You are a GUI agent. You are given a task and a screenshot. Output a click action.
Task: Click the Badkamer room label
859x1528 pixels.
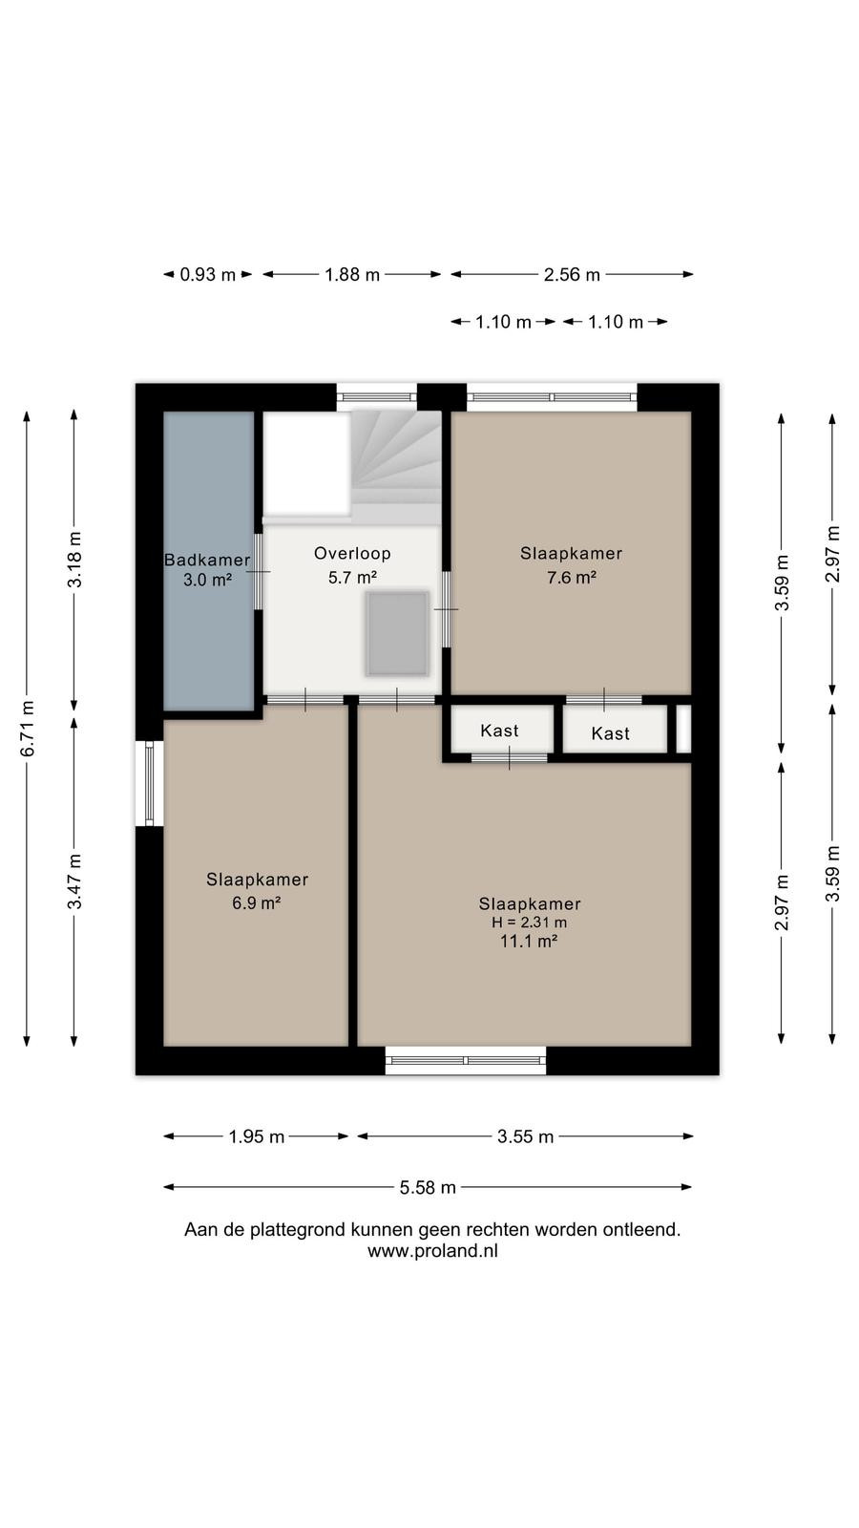tap(207, 560)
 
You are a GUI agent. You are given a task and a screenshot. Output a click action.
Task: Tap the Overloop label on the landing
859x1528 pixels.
tap(352, 553)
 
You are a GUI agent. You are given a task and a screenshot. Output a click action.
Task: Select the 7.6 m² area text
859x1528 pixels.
tap(572, 578)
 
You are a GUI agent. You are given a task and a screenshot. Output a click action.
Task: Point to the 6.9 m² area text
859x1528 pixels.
tap(257, 903)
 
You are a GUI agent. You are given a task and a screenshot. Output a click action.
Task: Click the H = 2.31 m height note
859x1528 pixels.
tap(530, 923)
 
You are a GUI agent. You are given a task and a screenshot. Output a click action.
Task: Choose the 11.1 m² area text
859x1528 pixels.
tap(529, 942)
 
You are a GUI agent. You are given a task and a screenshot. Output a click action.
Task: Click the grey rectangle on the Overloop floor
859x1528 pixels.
tap(397, 634)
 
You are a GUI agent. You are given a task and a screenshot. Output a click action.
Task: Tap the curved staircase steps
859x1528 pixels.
tap(396, 467)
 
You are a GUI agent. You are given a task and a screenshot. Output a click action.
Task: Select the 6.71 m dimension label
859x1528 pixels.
tap(28, 729)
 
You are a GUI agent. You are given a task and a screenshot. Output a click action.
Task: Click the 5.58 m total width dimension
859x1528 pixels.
tap(428, 1188)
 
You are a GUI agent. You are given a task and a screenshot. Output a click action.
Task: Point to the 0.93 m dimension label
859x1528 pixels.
tap(207, 275)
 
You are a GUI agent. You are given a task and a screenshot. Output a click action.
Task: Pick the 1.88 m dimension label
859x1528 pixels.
tap(352, 275)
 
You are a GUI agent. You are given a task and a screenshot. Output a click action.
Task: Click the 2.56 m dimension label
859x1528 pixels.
tap(572, 275)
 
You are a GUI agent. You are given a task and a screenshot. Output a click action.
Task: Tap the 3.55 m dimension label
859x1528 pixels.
tap(525, 1136)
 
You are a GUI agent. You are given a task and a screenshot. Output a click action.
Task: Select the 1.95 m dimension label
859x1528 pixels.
tap(257, 1136)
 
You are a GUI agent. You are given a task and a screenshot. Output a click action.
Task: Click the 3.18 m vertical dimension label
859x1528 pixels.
tap(74, 560)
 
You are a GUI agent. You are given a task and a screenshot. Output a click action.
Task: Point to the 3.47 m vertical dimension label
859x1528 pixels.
tap(74, 881)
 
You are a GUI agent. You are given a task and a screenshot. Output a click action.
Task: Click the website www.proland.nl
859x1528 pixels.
tap(432, 1251)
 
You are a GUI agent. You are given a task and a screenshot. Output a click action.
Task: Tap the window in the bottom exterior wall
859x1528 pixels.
tap(466, 1061)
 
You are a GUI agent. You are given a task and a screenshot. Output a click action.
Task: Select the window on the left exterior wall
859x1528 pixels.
tap(149, 783)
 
